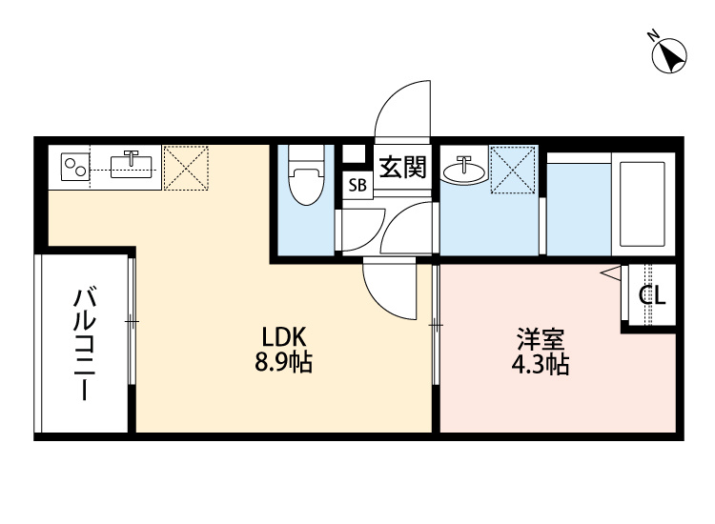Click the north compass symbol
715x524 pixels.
670,53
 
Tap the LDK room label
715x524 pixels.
282,337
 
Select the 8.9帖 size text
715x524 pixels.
282,362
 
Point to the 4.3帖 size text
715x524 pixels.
541,365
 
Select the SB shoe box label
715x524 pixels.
357,186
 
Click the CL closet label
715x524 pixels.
652,296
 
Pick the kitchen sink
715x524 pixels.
132,167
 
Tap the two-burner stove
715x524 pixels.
73,168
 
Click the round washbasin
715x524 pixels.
461,169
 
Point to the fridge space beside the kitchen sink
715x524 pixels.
186,167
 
